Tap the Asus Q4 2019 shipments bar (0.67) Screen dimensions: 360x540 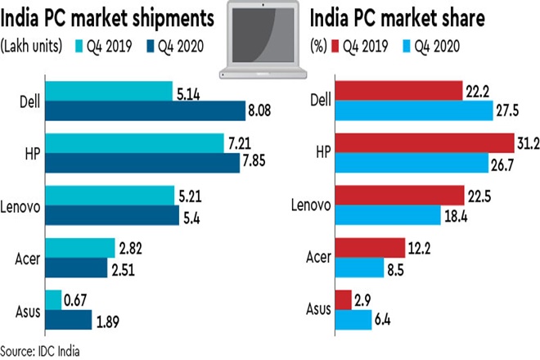tap(54, 300)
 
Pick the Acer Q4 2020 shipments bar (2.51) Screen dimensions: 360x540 tap(77, 267)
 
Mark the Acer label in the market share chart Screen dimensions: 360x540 tap(317, 257)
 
